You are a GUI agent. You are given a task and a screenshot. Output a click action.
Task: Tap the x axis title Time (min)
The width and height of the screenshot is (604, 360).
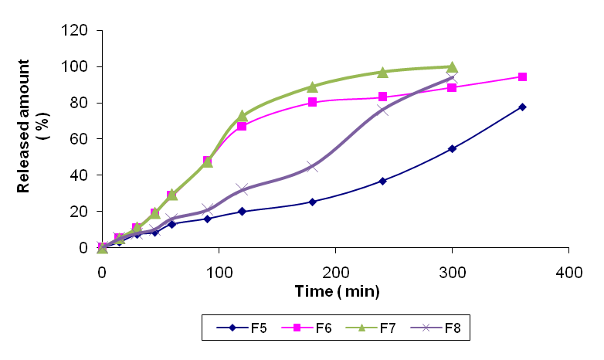(x=337, y=291)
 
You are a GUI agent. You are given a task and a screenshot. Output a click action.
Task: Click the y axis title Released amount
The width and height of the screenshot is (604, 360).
(x=30, y=139)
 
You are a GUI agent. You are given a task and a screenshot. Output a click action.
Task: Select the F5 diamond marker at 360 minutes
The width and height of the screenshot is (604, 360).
(x=522, y=107)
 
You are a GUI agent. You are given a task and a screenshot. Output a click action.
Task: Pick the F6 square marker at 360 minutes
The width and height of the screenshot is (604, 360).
(x=522, y=77)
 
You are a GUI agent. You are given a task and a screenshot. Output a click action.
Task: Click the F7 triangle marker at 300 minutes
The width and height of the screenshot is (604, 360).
(x=452, y=66)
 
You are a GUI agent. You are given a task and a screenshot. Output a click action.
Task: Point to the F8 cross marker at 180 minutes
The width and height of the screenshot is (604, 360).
(x=312, y=166)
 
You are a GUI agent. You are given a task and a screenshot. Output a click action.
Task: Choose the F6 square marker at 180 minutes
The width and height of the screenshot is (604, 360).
(x=312, y=102)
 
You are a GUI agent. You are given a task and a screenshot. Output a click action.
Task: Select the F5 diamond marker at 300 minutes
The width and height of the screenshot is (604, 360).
(x=452, y=148)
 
